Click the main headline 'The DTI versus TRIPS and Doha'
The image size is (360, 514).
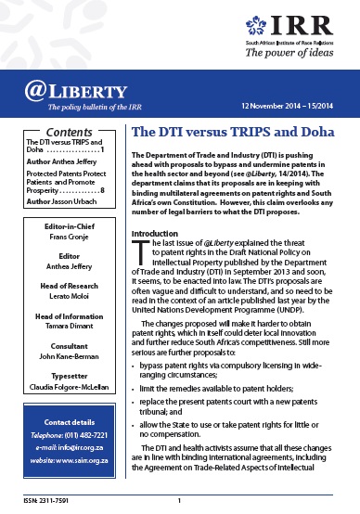[x=228, y=133]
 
